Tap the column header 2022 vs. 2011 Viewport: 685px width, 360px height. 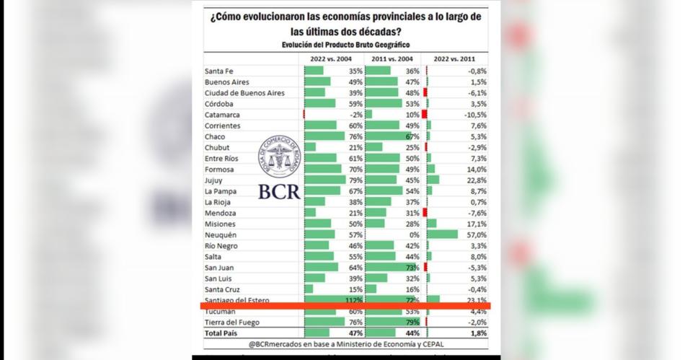tap(456, 58)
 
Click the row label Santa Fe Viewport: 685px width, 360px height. tap(220, 71)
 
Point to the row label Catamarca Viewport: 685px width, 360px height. tap(223, 115)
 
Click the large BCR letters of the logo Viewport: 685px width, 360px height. tap(279, 191)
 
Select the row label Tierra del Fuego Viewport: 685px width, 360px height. tap(232, 322)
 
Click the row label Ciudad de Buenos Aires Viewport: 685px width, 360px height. tap(244, 93)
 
